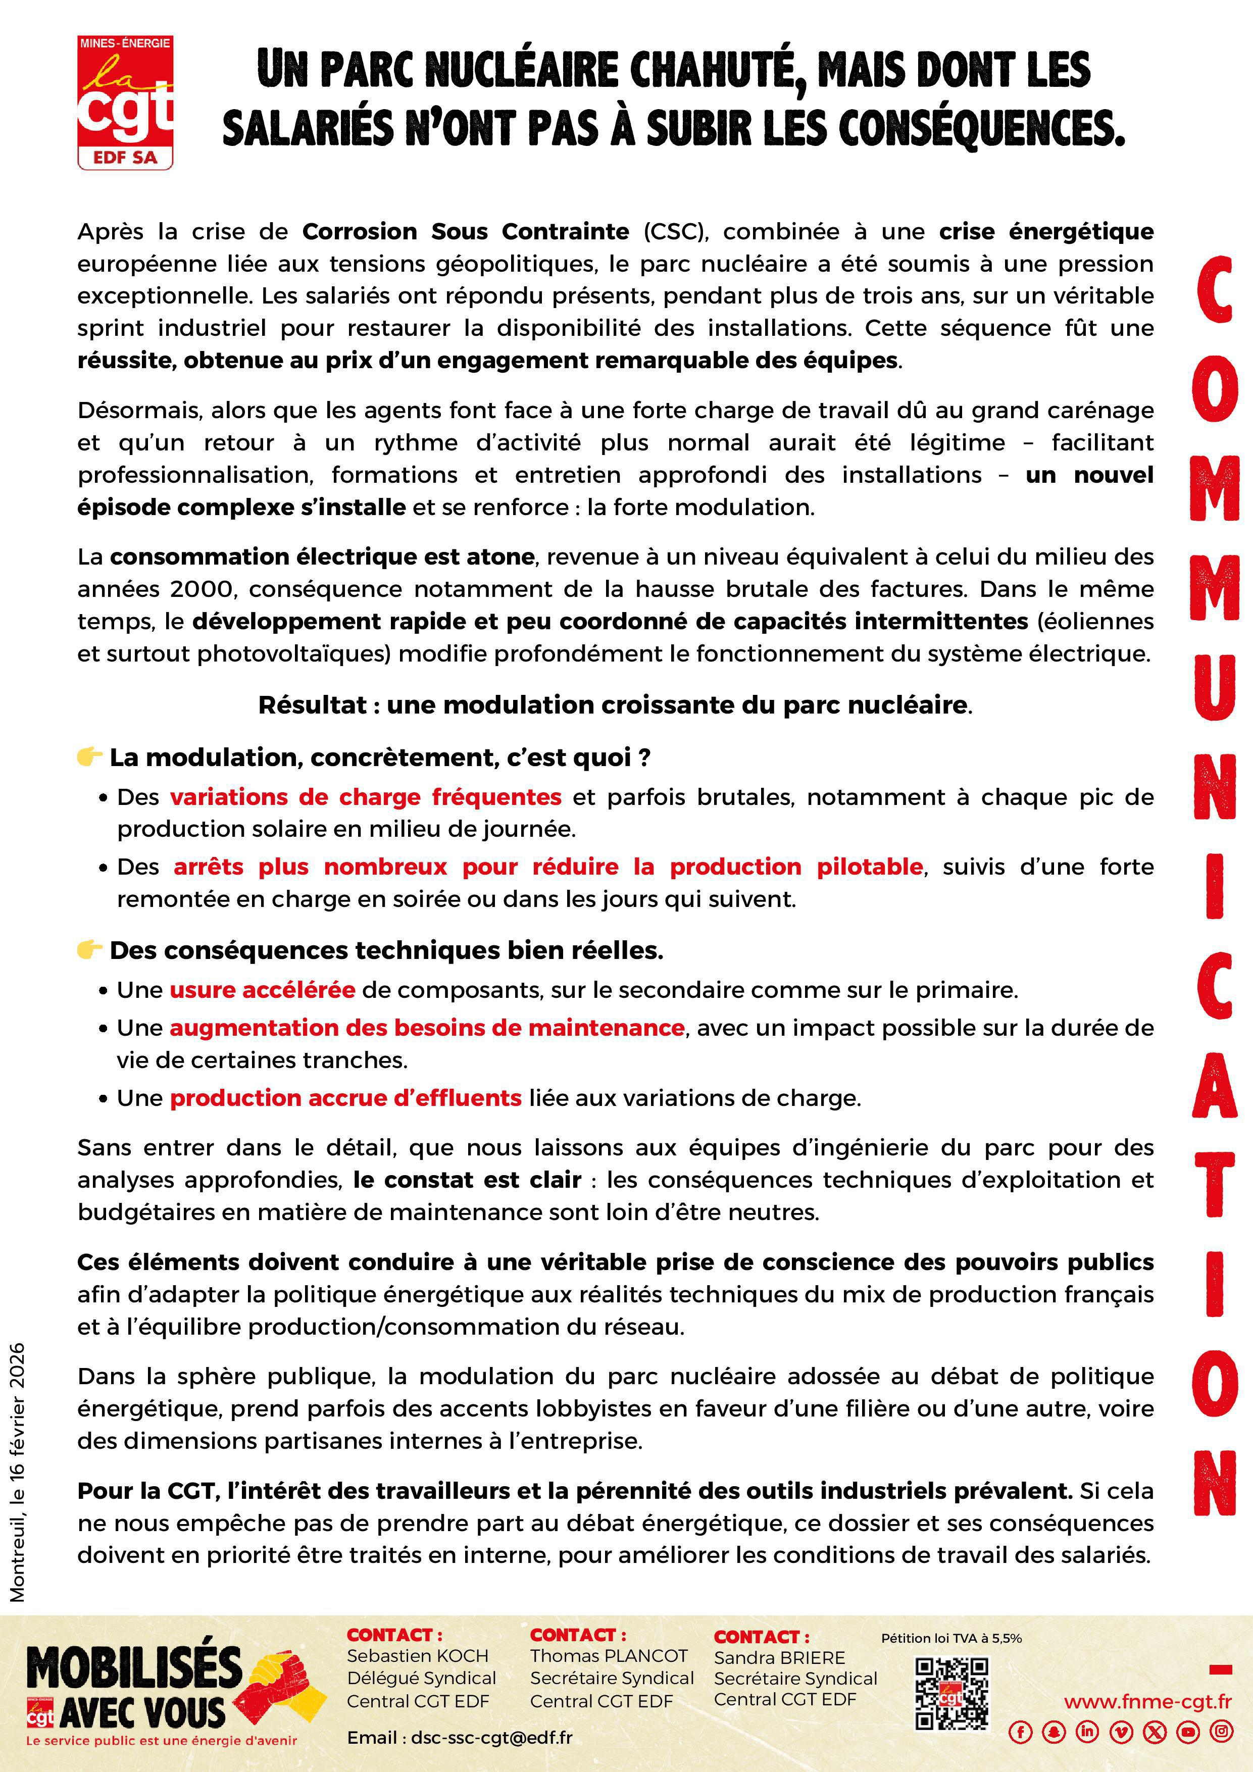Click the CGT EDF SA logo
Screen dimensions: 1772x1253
[x=125, y=102]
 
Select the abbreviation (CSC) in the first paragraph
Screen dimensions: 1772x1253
[x=670, y=231]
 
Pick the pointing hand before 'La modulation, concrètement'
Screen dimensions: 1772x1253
[x=89, y=756]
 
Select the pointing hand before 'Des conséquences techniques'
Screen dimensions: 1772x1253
[x=89, y=949]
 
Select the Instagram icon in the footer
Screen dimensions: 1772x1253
[x=1221, y=1731]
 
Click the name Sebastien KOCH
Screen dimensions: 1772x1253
[x=418, y=1655]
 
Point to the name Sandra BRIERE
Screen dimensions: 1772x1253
[x=780, y=1657]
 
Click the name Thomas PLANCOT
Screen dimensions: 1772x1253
[x=609, y=1655]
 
